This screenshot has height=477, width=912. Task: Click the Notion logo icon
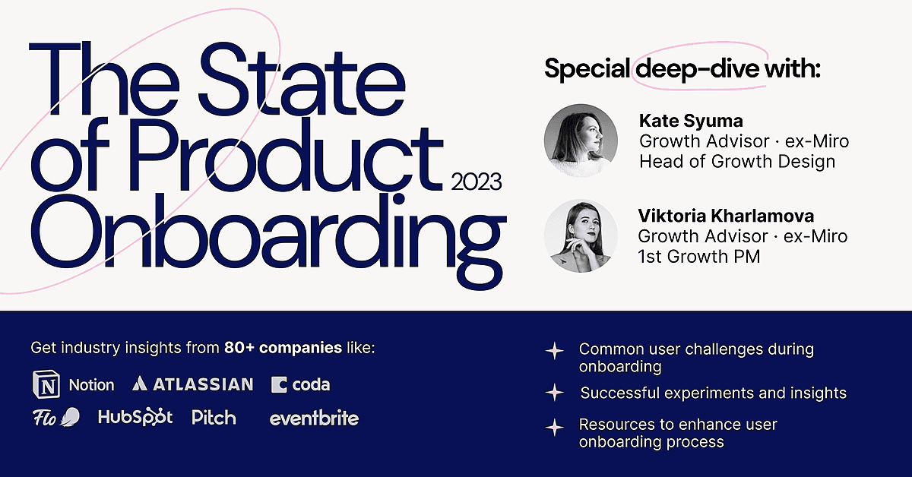tap(46, 384)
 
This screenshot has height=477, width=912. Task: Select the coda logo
tap(300, 384)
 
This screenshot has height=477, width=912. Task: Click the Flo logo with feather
tap(56, 417)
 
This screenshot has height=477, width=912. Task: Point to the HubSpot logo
tap(135, 417)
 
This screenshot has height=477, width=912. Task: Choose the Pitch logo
tap(214, 417)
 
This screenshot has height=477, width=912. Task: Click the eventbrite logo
tap(314, 418)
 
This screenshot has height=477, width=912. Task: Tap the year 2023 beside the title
tap(476, 182)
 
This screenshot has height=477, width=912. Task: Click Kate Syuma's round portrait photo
tap(581, 141)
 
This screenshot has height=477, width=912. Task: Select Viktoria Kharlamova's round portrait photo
tap(581, 235)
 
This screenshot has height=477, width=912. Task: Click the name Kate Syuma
tap(691, 121)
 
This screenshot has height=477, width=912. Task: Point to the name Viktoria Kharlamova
tap(726, 216)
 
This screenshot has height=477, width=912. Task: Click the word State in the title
tap(302, 79)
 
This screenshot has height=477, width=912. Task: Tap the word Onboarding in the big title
tap(269, 237)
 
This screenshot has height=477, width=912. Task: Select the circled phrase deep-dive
tap(697, 68)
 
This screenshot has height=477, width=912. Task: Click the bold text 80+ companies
tap(283, 348)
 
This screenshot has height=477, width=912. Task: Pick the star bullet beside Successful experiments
tap(555, 393)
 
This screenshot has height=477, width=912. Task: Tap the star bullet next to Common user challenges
tap(555, 350)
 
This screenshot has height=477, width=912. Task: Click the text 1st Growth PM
tap(699, 257)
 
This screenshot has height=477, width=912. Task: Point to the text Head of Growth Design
tap(737, 162)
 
